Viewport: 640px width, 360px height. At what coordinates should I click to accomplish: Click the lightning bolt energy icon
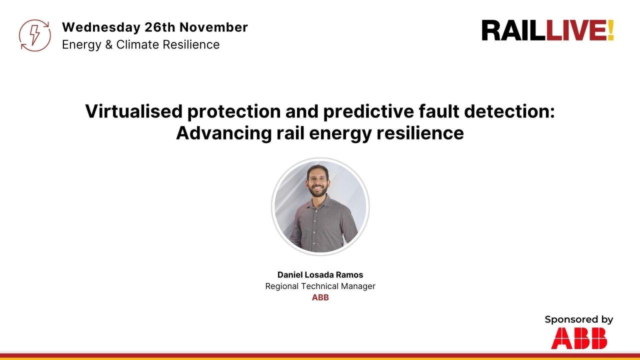click(x=35, y=35)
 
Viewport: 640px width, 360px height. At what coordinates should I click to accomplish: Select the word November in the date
click(x=213, y=27)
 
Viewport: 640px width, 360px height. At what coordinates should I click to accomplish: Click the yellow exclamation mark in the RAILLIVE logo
click(x=610, y=30)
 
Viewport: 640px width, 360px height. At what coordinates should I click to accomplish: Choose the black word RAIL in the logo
click(x=513, y=30)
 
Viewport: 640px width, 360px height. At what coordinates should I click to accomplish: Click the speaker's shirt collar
click(x=320, y=202)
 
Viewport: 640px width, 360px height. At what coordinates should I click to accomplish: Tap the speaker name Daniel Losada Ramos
click(x=320, y=275)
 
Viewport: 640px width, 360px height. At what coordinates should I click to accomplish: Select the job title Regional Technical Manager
click(x=320, y=286)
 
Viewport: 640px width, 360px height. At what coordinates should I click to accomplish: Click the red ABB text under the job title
click(x=320, y=298)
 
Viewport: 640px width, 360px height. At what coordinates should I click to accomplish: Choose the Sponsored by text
click(x=578, y=319)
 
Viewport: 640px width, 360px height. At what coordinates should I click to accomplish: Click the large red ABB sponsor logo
click(x=579, y=338)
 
